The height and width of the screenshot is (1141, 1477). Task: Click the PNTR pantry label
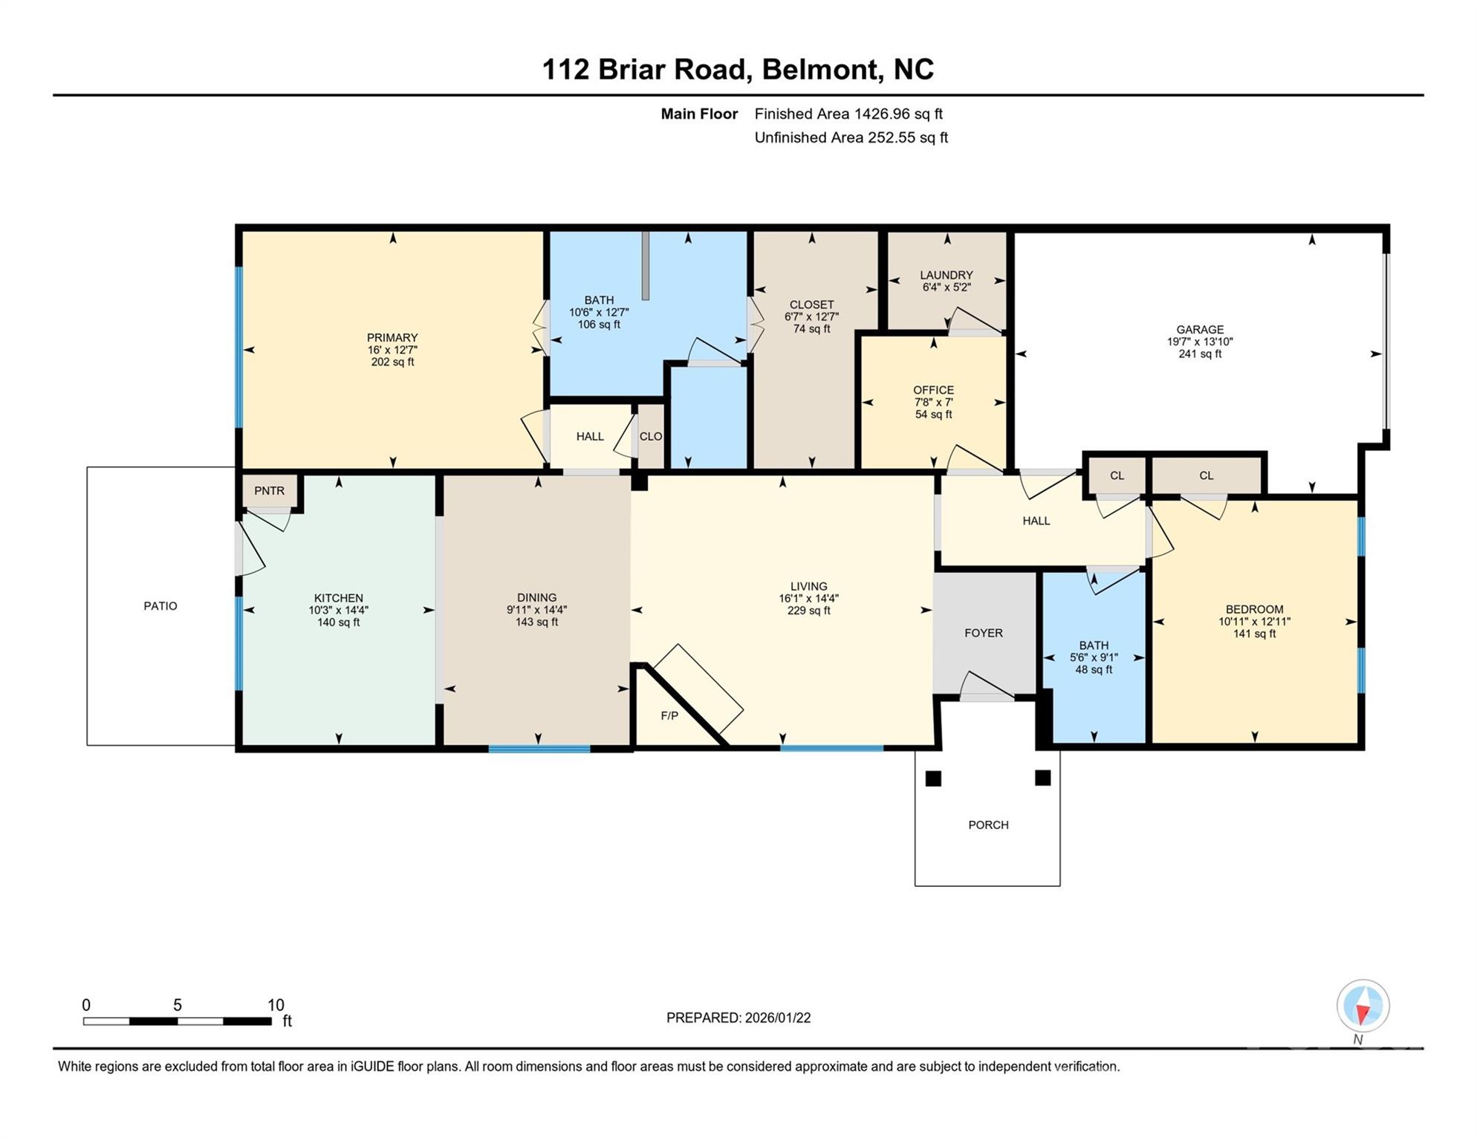(269, 491)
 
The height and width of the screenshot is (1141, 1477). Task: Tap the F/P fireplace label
(669, 716)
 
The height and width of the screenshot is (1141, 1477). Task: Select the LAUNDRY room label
(946, 275)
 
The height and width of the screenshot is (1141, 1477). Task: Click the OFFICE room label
(933, 390)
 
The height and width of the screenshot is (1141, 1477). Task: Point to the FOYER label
(984, 633)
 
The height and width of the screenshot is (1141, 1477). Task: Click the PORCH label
(988, 825)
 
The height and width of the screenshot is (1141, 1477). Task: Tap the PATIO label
(160, 606)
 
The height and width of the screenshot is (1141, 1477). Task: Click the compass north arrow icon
(1363, 1007)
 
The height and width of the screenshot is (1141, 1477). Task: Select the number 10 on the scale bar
(276, 1005)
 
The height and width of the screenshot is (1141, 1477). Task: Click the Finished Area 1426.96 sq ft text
(848, 114)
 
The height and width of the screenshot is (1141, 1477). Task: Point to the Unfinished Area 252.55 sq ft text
(851, 137)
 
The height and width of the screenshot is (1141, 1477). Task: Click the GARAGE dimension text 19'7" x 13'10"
(1199, 342)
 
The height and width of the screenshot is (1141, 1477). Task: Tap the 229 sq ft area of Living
(808, 611)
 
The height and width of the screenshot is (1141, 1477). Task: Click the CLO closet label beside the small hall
(651, 437)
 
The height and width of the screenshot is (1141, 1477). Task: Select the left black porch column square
(933, 778)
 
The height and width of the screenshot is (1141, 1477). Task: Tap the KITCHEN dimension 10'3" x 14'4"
(338, 611)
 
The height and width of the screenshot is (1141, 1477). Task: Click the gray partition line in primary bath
(646, 265)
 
